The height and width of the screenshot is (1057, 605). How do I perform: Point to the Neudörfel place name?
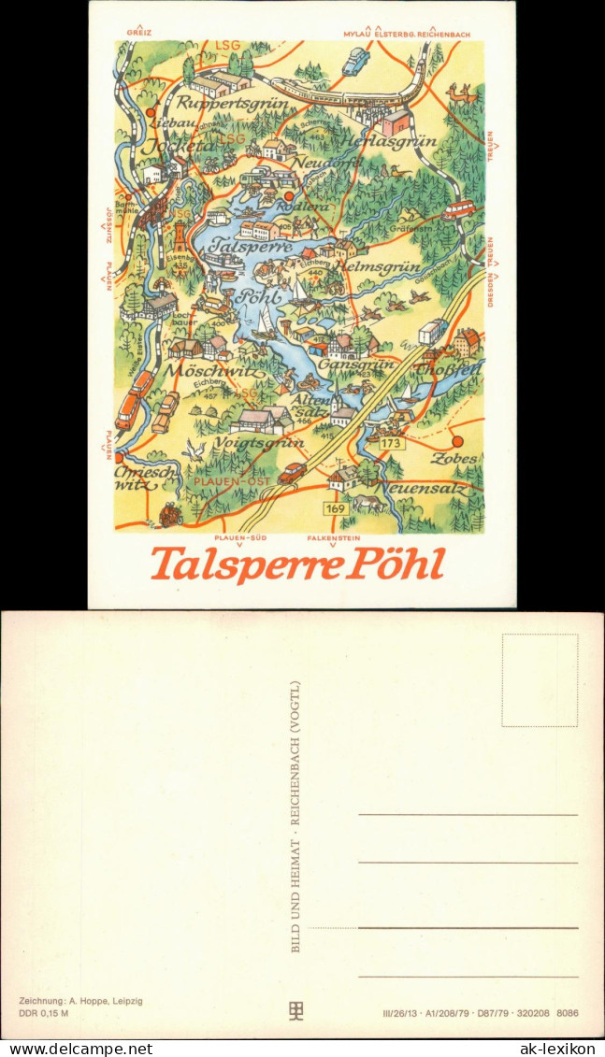(327, 162)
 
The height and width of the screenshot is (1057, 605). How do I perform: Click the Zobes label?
(455, 459)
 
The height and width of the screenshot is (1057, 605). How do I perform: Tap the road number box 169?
(336, 508)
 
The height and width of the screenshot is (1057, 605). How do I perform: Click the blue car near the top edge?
(356, 62)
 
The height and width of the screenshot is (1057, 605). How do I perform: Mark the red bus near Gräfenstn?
(458, 209)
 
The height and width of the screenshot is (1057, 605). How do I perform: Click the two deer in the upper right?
(463, 93)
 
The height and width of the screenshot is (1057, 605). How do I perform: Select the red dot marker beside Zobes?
(458, 441)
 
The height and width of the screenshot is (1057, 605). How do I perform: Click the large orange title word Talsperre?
(244, 564)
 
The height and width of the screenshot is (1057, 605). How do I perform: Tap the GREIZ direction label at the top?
(138, 33)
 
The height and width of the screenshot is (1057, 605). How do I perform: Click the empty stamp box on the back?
(540, 680)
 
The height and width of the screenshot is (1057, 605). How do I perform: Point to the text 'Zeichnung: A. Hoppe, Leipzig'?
(80, 1001)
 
